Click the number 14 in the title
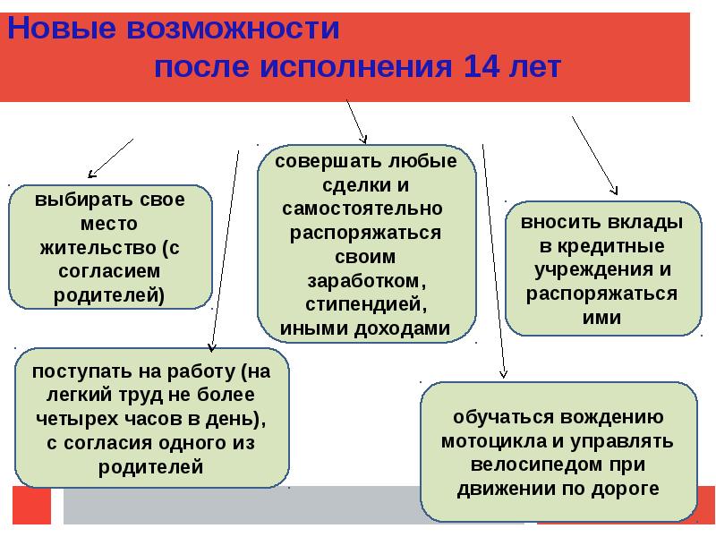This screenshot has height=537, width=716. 482,68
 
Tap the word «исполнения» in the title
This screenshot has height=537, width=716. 358,68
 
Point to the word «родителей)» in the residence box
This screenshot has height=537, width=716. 110,293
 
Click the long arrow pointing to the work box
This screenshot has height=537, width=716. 225,251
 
